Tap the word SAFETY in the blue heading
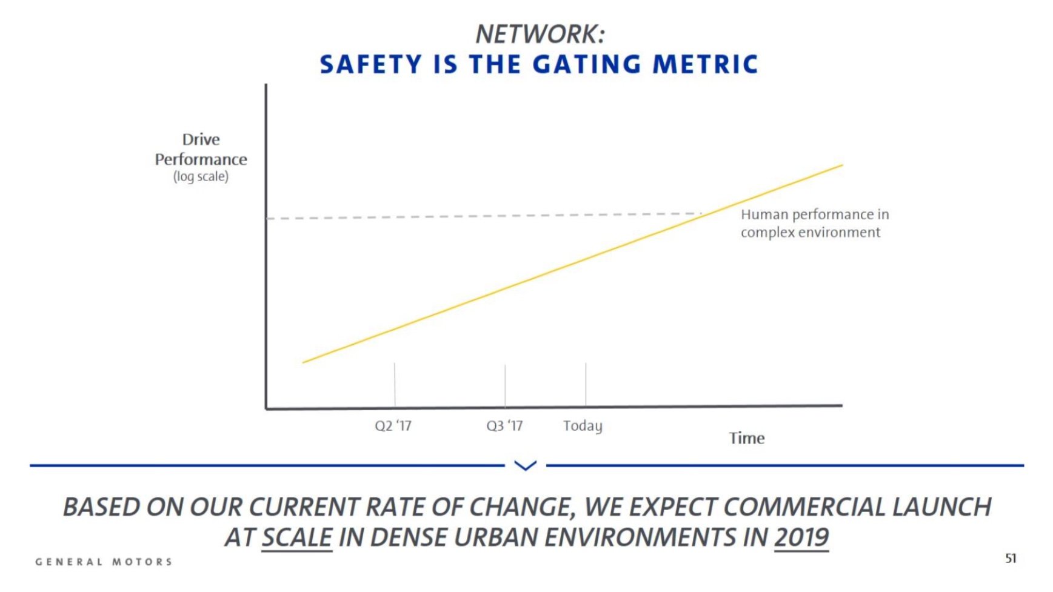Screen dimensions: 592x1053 (370, 64)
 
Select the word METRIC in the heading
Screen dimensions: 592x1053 (705, 64)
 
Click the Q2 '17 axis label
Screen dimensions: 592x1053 (393, 426)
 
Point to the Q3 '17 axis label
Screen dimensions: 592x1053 (504, 426)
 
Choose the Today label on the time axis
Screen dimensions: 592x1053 (583, 426)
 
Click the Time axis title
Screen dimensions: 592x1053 (746, 438)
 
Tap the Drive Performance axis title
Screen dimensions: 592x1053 (201, 150)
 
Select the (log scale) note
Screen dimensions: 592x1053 (201, 177)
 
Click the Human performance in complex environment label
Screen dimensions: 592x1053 (814, 224)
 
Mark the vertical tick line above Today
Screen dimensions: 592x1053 (586, 384)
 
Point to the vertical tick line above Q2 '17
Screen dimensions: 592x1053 (395, 384)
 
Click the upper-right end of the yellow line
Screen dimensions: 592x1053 (841, 165)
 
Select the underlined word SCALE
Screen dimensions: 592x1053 (296, 537)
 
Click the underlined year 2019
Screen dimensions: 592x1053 (801, 537)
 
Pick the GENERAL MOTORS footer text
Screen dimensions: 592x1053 (104, 562)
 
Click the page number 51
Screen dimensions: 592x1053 (1011, 558)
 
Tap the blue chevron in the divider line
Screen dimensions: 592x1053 (525, 465)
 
